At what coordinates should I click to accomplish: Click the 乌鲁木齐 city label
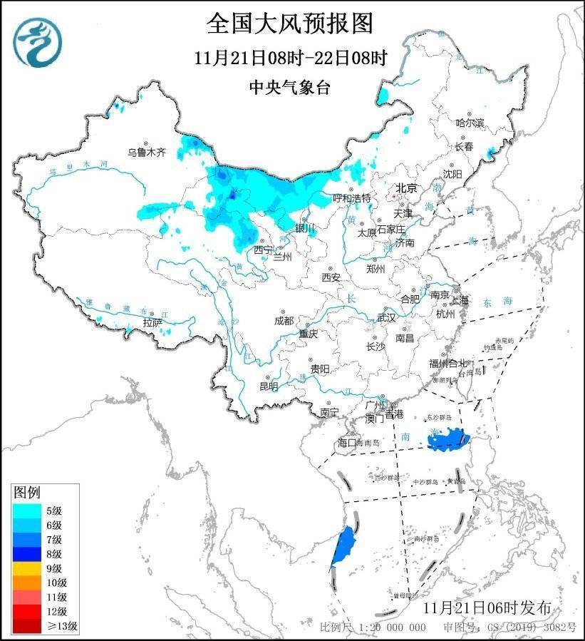pos(147,152)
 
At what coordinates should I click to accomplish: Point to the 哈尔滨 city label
pos(470,123)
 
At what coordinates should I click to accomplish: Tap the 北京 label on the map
pos(407,188)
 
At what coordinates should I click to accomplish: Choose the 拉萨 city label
pos(153,323)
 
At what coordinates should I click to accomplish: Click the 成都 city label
pos(284,321)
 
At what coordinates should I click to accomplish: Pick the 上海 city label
pos(460,300)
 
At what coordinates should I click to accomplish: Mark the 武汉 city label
pos(385,317)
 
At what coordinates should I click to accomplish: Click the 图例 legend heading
pos(28,493)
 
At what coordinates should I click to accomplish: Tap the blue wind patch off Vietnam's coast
pos(344,546)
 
